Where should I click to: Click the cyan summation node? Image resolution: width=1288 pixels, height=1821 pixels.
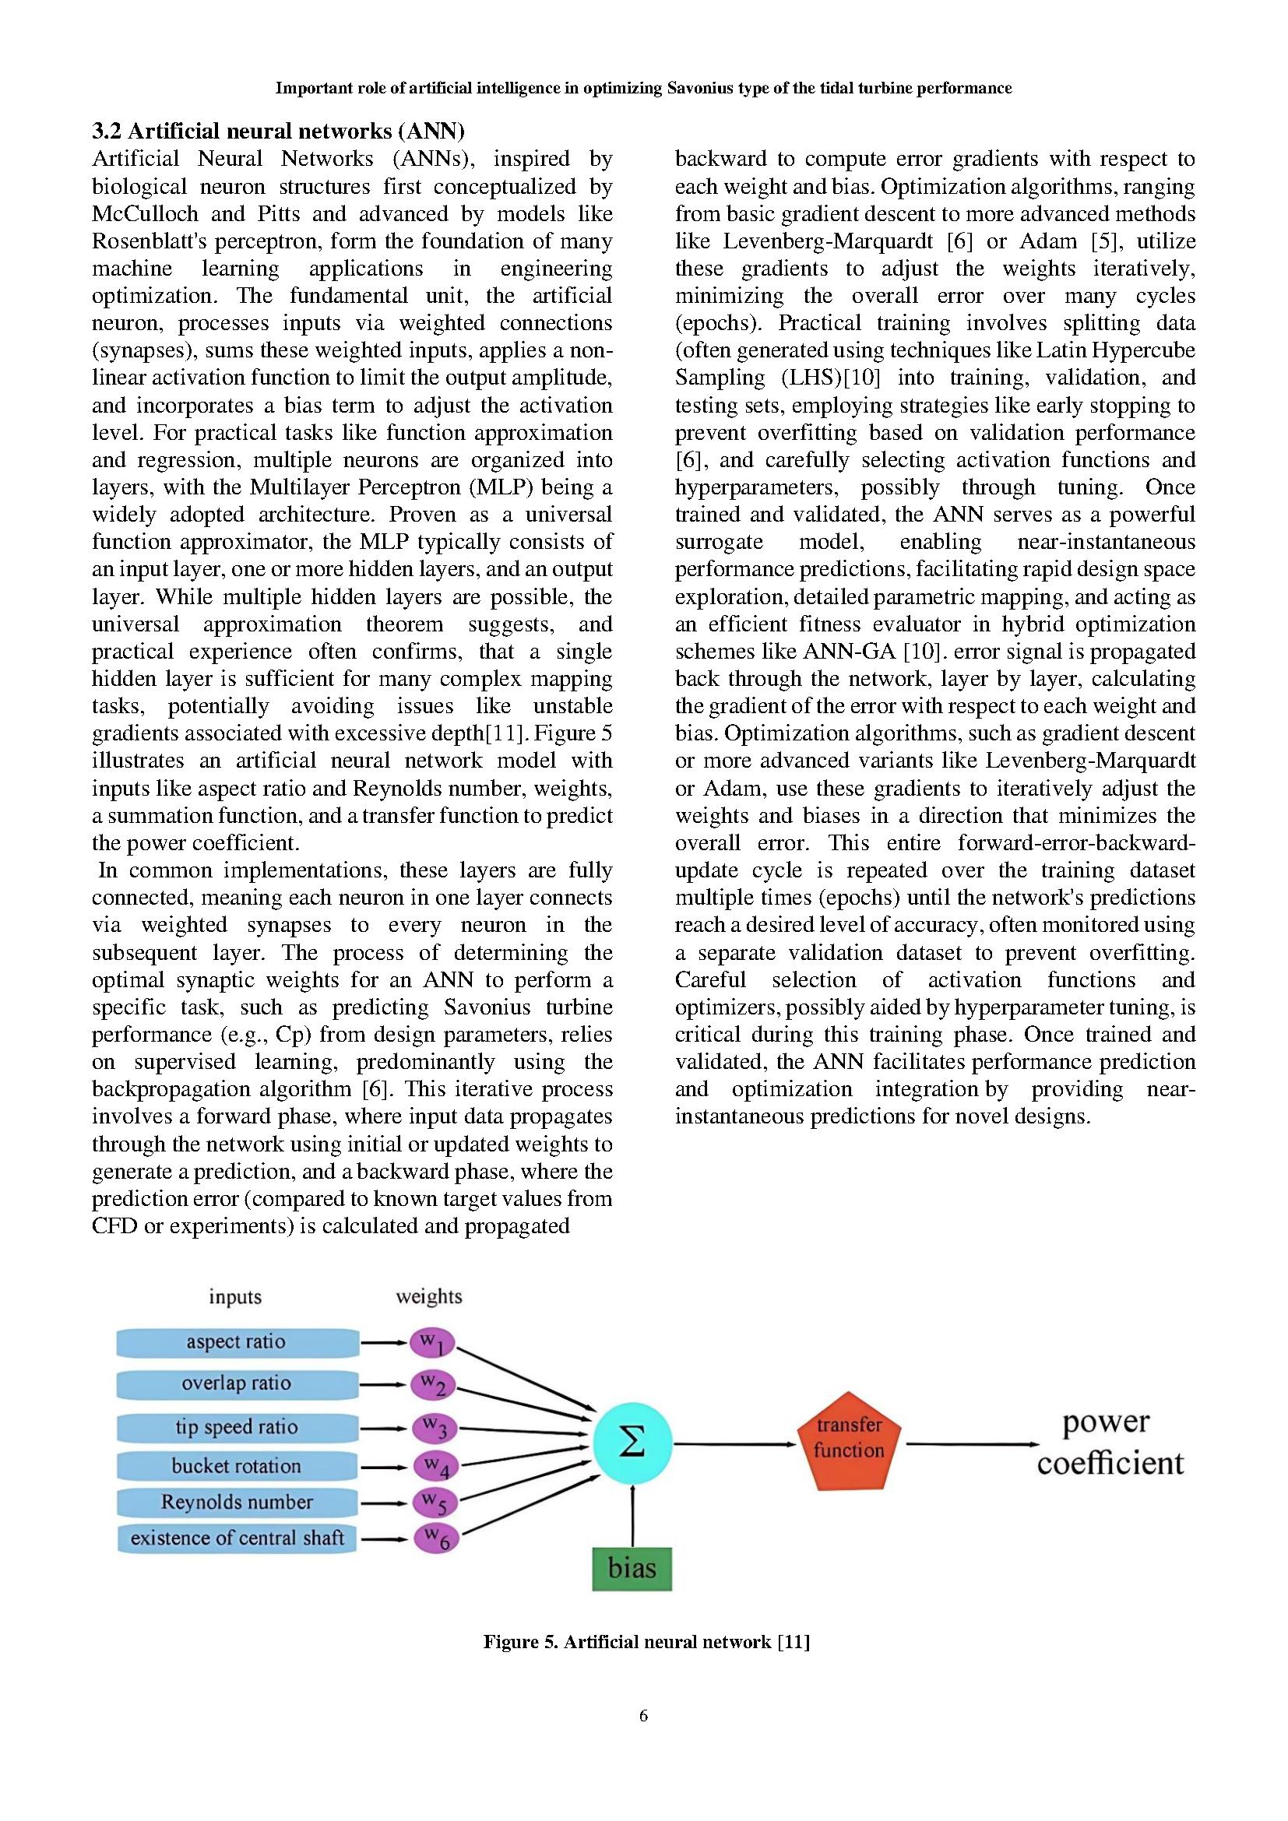coord(632,1443)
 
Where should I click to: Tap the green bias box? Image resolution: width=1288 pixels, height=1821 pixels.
coord(632,1568)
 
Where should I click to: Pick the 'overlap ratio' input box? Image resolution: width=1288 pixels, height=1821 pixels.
coord(238,1384)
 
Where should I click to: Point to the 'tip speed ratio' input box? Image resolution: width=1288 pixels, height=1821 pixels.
coord(238,1428)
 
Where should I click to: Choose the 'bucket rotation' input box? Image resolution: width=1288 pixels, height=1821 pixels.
coord(238,1466)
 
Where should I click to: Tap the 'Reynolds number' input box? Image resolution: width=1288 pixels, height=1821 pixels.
coord(238,1502)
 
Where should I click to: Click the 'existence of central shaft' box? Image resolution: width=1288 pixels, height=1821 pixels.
coord(238,1538)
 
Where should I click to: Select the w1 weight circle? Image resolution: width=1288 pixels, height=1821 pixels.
coord(433,1344)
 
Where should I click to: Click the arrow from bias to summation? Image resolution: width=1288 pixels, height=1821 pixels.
coord(632,1515)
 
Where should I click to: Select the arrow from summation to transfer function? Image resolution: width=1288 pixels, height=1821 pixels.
coord(734,1443)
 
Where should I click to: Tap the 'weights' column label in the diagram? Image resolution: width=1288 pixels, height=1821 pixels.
coord(429,1297)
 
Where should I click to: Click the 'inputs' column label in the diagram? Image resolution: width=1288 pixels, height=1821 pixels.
coord(234,1297)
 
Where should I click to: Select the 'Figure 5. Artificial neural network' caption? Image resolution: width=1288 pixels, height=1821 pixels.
coord(646,1642)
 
